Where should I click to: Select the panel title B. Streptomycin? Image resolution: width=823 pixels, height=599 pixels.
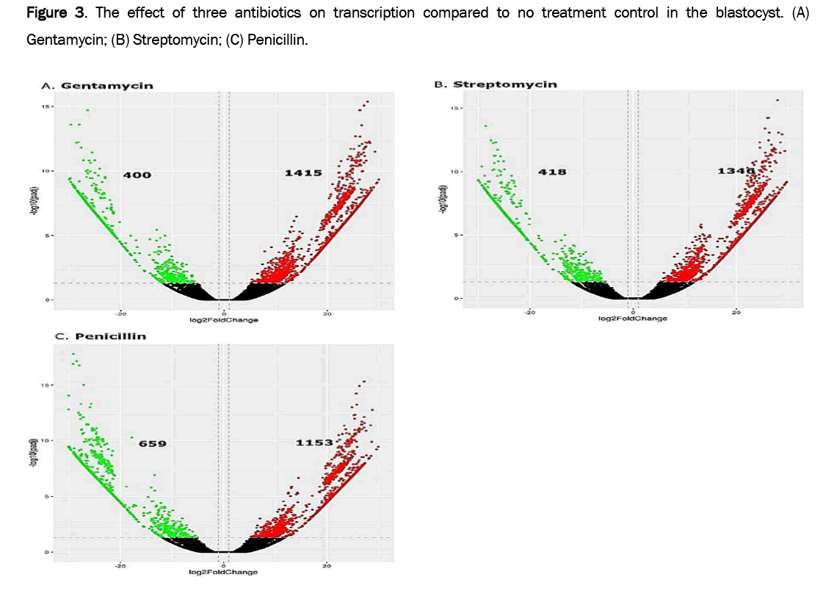coord(496,84)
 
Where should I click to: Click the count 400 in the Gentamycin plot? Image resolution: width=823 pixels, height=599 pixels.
coord(137,175)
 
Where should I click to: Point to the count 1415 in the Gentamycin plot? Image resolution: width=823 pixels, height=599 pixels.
coord(303,173)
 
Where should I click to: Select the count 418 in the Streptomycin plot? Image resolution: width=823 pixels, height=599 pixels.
coord(551,172)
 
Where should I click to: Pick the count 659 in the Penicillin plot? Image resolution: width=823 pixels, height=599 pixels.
coord(153,443)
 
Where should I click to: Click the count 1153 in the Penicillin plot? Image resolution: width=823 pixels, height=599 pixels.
coord(314,443)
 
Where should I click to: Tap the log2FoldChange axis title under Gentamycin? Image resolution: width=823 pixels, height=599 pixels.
coord(225,319)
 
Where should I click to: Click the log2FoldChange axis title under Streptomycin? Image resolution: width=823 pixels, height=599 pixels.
coord(632,318)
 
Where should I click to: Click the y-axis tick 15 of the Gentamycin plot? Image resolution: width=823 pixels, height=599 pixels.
coord(46,106)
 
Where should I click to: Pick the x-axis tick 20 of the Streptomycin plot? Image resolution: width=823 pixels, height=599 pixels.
coord(736,312)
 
